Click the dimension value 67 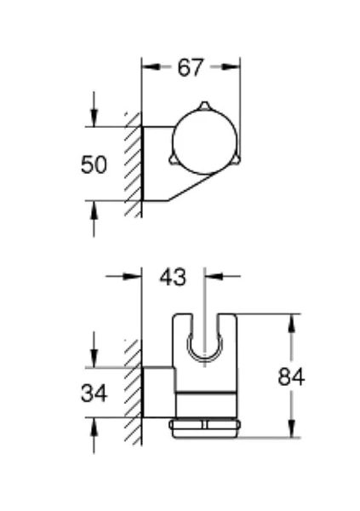pyautogui.click(x=191, y=68)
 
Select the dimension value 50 pyautogui.click(x=94, y=164)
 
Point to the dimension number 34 pyautogui.click(x=94, y=393)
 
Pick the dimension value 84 pyautogui.click(x=291, y=376)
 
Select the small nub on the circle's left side pyautogui.click(x=172, y=159)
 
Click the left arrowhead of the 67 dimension pyautogui.click(x=147, y=68)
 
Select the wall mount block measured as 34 pyautogui.click(x=158, y=393)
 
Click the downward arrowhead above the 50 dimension pyautogui.click(x=94, y=120)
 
